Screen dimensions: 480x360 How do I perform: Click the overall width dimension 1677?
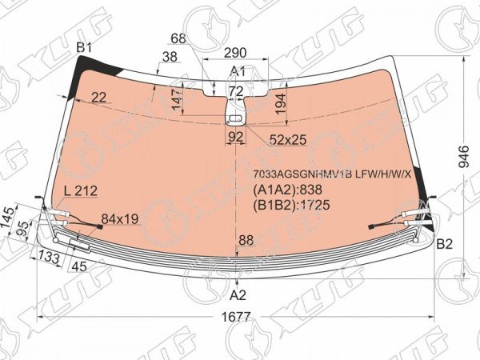pyautogui.click(x=236, y=317)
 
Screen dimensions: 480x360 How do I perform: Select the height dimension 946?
pyautogui.click(x=464, y=157)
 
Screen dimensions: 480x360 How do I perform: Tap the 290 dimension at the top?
pyautogui.click(x=235, y=53)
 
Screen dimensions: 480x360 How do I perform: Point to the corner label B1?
pyautogui.click(x=84, y=48)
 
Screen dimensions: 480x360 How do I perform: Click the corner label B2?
pyautogui.click(x=445, y=244)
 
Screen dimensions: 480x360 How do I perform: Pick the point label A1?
pyautogui.click(x=238, y=71)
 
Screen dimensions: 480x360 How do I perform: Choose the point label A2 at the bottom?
pyautogui.click(x=238, y=295)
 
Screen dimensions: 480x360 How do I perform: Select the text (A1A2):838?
pyautogui.click(x=287, y=190)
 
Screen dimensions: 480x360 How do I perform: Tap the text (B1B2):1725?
pyautogui.click(x=291, y=205)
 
